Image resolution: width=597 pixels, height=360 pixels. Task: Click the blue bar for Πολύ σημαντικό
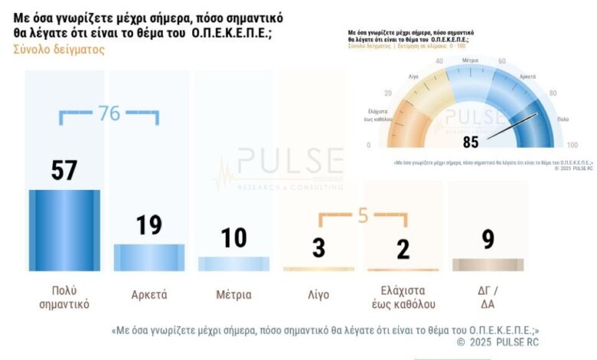click(x=64, y=230)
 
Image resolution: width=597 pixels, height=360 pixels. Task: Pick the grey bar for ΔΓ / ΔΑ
click(x=488, y=265)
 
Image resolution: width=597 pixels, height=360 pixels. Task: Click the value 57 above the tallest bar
click(x=64, y=170)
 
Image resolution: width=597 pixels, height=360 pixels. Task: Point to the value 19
click(x=149, y=224)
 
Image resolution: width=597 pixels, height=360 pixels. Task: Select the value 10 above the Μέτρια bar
click(x=233, y=238)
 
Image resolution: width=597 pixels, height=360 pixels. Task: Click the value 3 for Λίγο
click(x=318, y=249)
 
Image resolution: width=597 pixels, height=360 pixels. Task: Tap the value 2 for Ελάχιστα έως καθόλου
click(x=403, y=249)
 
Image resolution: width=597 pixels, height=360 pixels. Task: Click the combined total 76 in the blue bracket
click(x=109, y=113)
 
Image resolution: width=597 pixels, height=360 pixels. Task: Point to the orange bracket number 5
click(x=363, y=217)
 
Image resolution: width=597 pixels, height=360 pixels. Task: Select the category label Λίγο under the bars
click(x=318, y=295)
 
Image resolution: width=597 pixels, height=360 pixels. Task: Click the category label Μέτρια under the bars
click(x=233, y=295)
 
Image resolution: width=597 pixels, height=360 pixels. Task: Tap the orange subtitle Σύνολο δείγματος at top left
click(x=59, y=49)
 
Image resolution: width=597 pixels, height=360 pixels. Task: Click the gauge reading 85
click(x=471, y=142)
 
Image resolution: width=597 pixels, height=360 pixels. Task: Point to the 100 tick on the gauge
click(x=572, y=146)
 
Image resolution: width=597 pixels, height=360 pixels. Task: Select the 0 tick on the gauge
click(x=368, y=146)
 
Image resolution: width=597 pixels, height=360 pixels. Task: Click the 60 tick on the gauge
click(x=502, y=61)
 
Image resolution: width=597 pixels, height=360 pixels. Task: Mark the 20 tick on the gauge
click(x=388, y=93)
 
